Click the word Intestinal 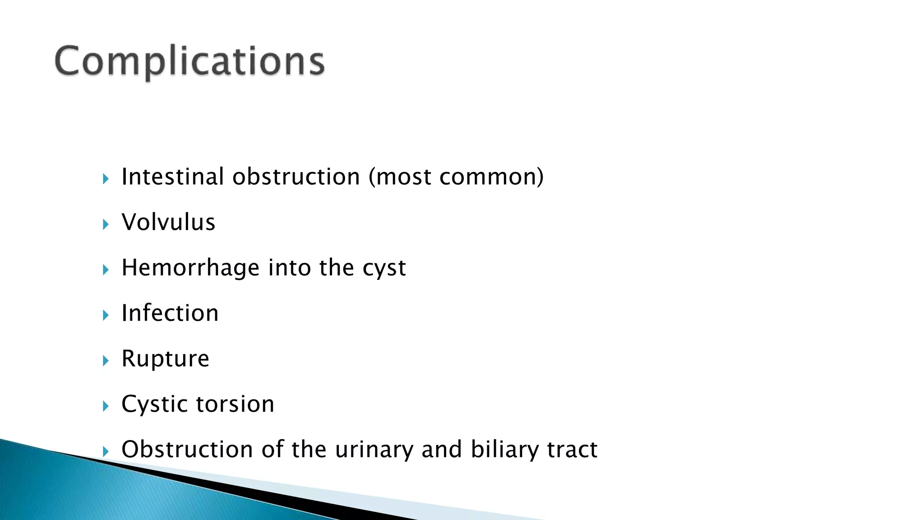(172, 176)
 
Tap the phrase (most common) (456, 176)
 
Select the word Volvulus (168, 222)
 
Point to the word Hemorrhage (190, 268)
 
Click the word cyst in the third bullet (384, 269)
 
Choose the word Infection (170, 313)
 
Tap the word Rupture (165, 359)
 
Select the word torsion (236, 404)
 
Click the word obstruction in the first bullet (296, 176)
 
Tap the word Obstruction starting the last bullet (187, 450)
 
